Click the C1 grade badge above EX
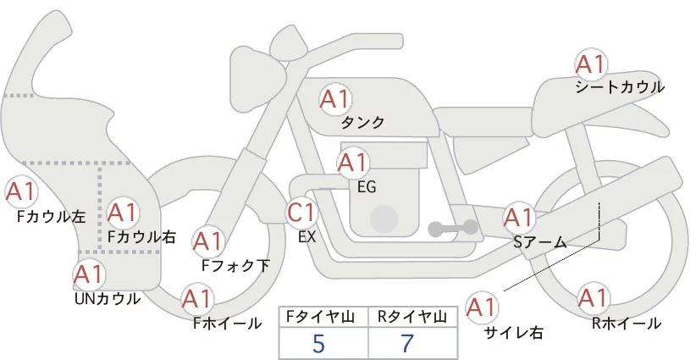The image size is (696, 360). tap(302, 212)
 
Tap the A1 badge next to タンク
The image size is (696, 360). tap(334, 99)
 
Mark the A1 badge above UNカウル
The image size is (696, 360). tap(88, 274)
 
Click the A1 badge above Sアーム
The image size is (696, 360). tap(518, 218)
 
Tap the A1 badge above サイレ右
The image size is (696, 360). tap(483, 307)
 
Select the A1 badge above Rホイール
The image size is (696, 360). tap(592, 299)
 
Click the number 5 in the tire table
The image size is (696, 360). tap(318, 343)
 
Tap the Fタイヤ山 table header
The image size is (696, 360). tap(323, 317)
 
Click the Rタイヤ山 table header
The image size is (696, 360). tap(412, 317)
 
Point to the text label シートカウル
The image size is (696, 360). tap(620, 87)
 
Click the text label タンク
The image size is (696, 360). tap(362, 123)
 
